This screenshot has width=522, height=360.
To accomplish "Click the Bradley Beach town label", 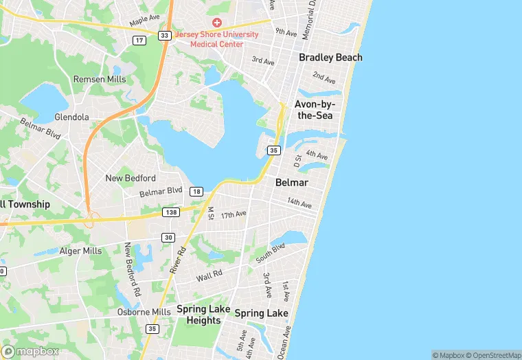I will [x=330, y=58].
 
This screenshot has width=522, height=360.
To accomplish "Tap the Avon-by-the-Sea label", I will [x=313, y=110].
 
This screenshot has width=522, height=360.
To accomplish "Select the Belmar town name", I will [x=291, y=183].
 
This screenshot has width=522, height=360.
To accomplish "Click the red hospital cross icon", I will [x=218, y=23].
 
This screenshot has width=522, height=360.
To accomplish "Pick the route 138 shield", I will [x=171, y=213].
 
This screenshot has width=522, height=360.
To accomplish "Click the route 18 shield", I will [x=197, y=191].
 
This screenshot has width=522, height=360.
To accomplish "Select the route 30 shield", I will [x=168, y=237].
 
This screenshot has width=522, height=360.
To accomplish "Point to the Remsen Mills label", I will [x=100, y=80].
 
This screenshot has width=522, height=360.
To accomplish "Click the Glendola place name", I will [x=72, y=117].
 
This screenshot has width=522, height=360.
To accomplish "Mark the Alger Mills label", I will [x=80, y=251].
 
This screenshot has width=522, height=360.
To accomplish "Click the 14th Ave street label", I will [x=299, y=203].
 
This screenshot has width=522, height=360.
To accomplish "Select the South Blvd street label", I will [x=269, y=254].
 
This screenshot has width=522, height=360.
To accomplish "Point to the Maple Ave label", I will [x=144, y=22].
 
